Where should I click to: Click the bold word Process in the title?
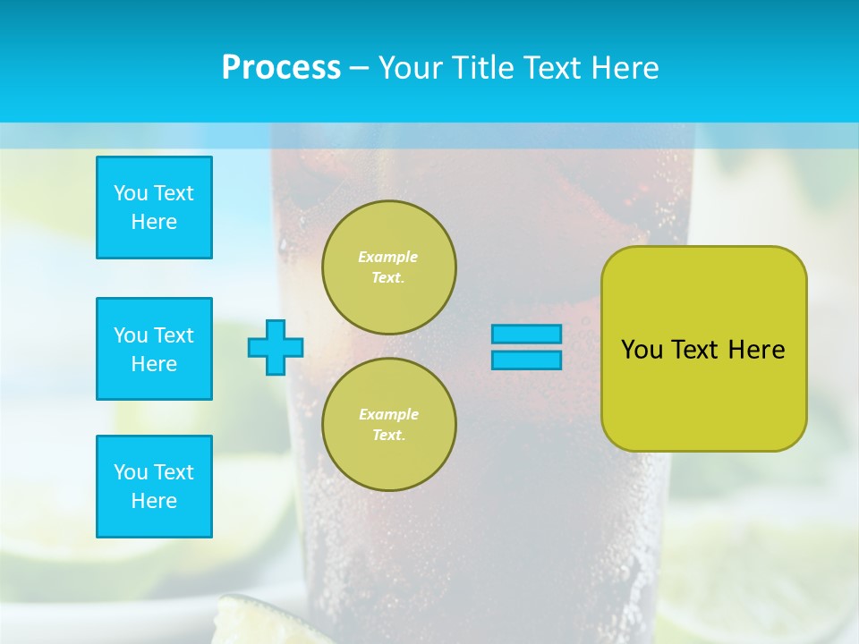[x=281, y=67]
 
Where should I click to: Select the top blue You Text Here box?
[x=154, y=208]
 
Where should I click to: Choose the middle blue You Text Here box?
[x=154, y=349]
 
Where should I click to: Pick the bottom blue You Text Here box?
[x=154, y=487]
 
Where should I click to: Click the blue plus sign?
[x=276, y=347]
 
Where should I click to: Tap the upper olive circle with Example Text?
[x=389, y=267]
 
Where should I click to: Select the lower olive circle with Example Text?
[x=389, y=425]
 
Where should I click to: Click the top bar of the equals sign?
[x=527, y=334]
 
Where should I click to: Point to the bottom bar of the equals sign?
[x=527, y=360]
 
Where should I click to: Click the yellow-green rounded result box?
[x=704, y=394]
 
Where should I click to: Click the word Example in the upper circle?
[x=388, y=257]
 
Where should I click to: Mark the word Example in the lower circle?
[x=388, y=414]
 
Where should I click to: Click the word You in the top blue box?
[x=131, y=193]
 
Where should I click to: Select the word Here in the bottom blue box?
[x=154, y=501]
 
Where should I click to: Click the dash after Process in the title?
[x=359, y=68]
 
